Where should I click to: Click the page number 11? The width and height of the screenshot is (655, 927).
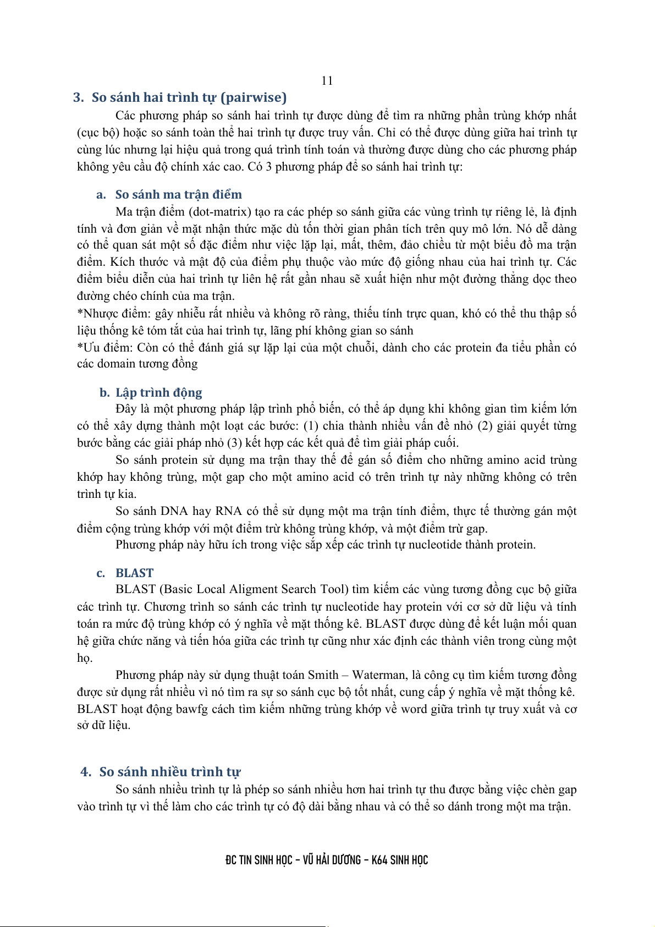pyautogui.click(x=327, y=81)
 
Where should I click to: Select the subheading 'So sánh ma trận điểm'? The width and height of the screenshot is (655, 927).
pyautogui.click(x=178, y=195)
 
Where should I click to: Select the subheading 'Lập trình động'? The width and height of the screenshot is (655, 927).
pyautogui.click(x=158, y=393)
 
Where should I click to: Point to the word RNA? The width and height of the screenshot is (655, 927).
pyautogui.click(x=228, y=511)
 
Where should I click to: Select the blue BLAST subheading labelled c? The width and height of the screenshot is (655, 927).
pyautogui.click(x=134, y=573)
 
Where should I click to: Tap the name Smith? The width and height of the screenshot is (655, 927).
pyautogui.click(x=323, y=676)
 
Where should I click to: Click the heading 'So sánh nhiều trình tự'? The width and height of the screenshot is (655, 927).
pyautogui.click(x=169, y=772)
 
